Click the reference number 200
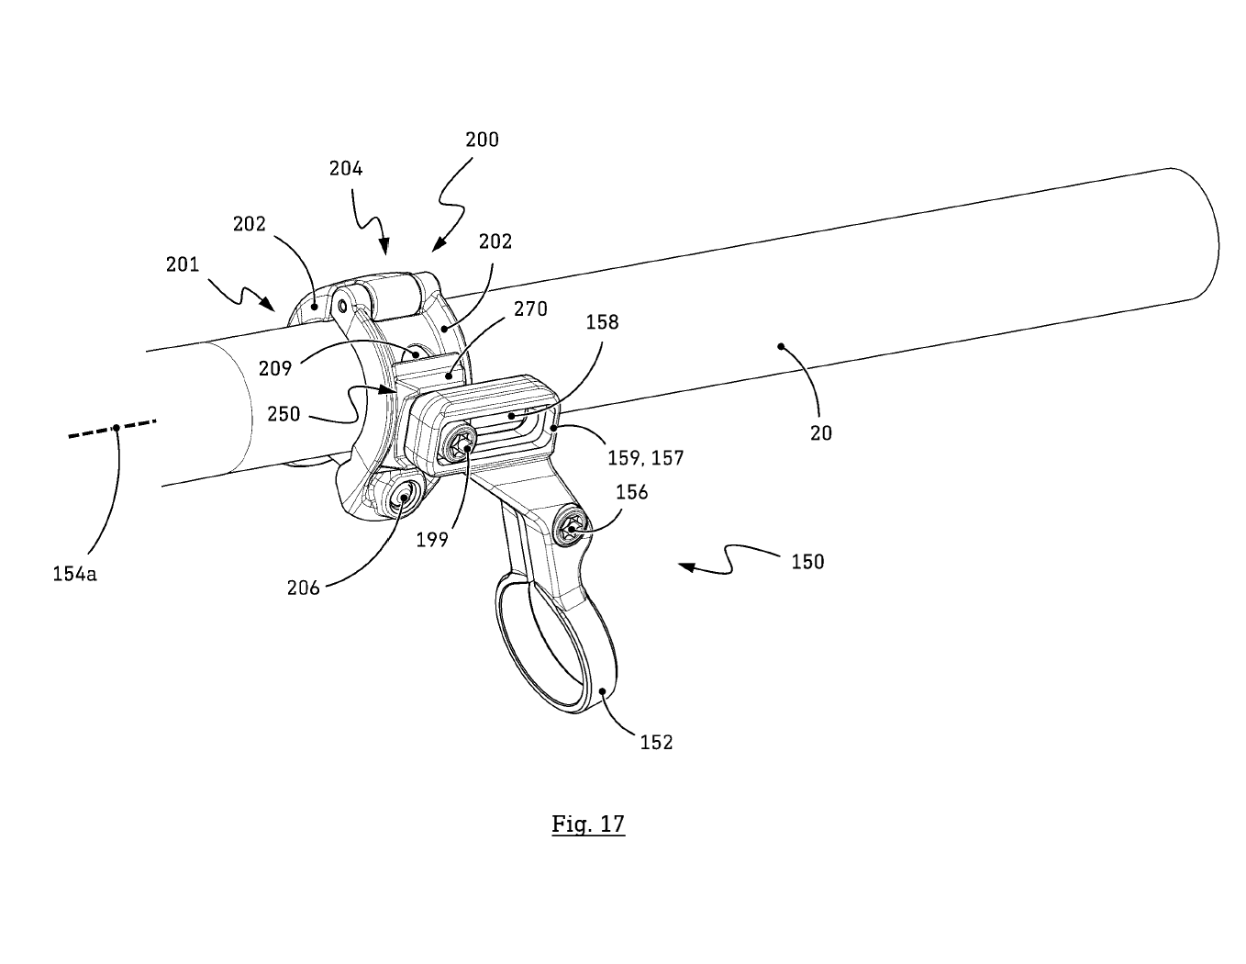pos(482,140)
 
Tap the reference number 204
pos(346,169)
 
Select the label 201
pos(183,264)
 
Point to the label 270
pos(530,309)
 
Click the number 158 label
pos(601,322)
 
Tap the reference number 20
pos(820,432)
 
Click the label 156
pos(631,492)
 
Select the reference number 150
pos(807,561)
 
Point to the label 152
pos(656,742)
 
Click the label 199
pos(431,540)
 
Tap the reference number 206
pos(303,588)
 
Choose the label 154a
pos(74,575)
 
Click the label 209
pos(275,368)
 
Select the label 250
pos(284,414)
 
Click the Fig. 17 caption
pos(588,824)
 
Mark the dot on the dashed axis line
pos(116,427)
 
